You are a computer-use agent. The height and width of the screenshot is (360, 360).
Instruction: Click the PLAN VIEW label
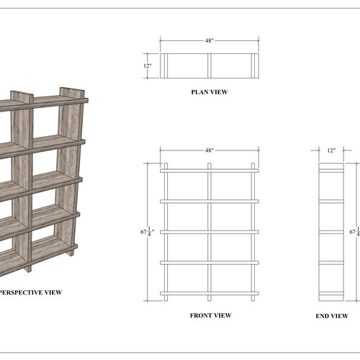point(209,92)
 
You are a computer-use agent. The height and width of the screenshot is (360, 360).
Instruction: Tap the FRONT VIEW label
point(210,315)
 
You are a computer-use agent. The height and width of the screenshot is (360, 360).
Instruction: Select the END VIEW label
point(332,316)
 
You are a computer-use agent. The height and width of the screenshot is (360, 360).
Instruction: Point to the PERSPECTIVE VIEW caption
point(30,292)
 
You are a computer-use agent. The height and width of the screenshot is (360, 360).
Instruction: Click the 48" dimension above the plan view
point(209,41)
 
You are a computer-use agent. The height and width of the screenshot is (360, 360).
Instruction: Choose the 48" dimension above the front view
point(209,150)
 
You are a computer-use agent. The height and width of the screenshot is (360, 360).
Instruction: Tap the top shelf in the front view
point(209,171)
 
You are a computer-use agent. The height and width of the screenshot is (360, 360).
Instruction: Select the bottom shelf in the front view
point(209,293)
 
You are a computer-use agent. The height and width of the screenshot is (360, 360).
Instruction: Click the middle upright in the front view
point(209,230)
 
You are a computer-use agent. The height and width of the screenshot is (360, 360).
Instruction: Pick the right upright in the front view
point(253,230)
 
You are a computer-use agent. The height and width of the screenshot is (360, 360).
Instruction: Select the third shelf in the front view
point(209,232)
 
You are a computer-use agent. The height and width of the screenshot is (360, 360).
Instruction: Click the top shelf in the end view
point(332,171)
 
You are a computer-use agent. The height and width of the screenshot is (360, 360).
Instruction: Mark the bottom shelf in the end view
point(332,293)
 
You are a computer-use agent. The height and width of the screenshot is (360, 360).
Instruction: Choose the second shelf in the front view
point(209,201)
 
